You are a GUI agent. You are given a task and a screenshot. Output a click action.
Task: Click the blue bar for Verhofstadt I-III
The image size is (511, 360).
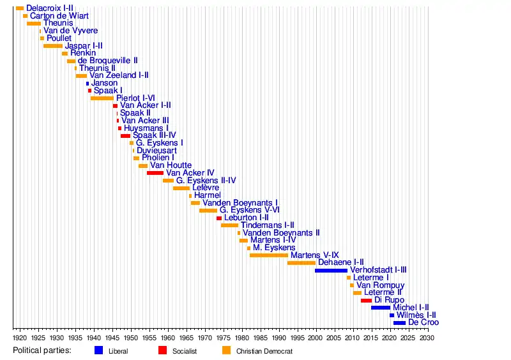331,270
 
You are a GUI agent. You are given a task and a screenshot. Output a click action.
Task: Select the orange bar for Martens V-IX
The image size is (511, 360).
269,255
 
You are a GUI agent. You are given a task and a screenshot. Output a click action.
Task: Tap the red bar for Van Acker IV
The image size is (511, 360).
155,173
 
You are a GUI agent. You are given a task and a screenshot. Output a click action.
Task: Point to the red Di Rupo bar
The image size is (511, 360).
366,300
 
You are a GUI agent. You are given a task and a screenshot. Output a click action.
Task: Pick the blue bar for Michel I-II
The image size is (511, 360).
381,308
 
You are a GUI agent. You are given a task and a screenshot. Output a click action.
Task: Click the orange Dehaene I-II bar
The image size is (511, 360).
301,262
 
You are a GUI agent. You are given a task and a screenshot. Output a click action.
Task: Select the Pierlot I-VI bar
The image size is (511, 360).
102,98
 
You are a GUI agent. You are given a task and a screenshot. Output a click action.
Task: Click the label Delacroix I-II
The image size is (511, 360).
50,8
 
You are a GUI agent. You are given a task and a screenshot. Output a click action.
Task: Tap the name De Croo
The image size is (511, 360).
423,322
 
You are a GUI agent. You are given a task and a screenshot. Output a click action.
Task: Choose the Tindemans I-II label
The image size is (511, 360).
267,225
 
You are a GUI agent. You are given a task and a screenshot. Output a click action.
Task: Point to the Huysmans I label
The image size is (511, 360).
146,128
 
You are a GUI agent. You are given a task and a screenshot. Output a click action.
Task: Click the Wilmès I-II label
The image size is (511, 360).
416,315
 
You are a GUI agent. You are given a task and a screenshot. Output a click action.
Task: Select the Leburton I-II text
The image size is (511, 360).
246,218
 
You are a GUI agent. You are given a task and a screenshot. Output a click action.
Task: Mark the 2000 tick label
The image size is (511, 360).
316,338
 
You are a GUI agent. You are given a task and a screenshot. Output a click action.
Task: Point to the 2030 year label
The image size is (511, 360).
427,338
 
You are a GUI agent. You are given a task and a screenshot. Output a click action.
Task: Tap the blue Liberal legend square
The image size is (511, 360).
98,350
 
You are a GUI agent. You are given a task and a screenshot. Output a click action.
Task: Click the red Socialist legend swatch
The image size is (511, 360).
162,350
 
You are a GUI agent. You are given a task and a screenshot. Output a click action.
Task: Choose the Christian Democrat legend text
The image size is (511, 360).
264,351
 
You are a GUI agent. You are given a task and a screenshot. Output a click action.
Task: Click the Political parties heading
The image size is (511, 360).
42,350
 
